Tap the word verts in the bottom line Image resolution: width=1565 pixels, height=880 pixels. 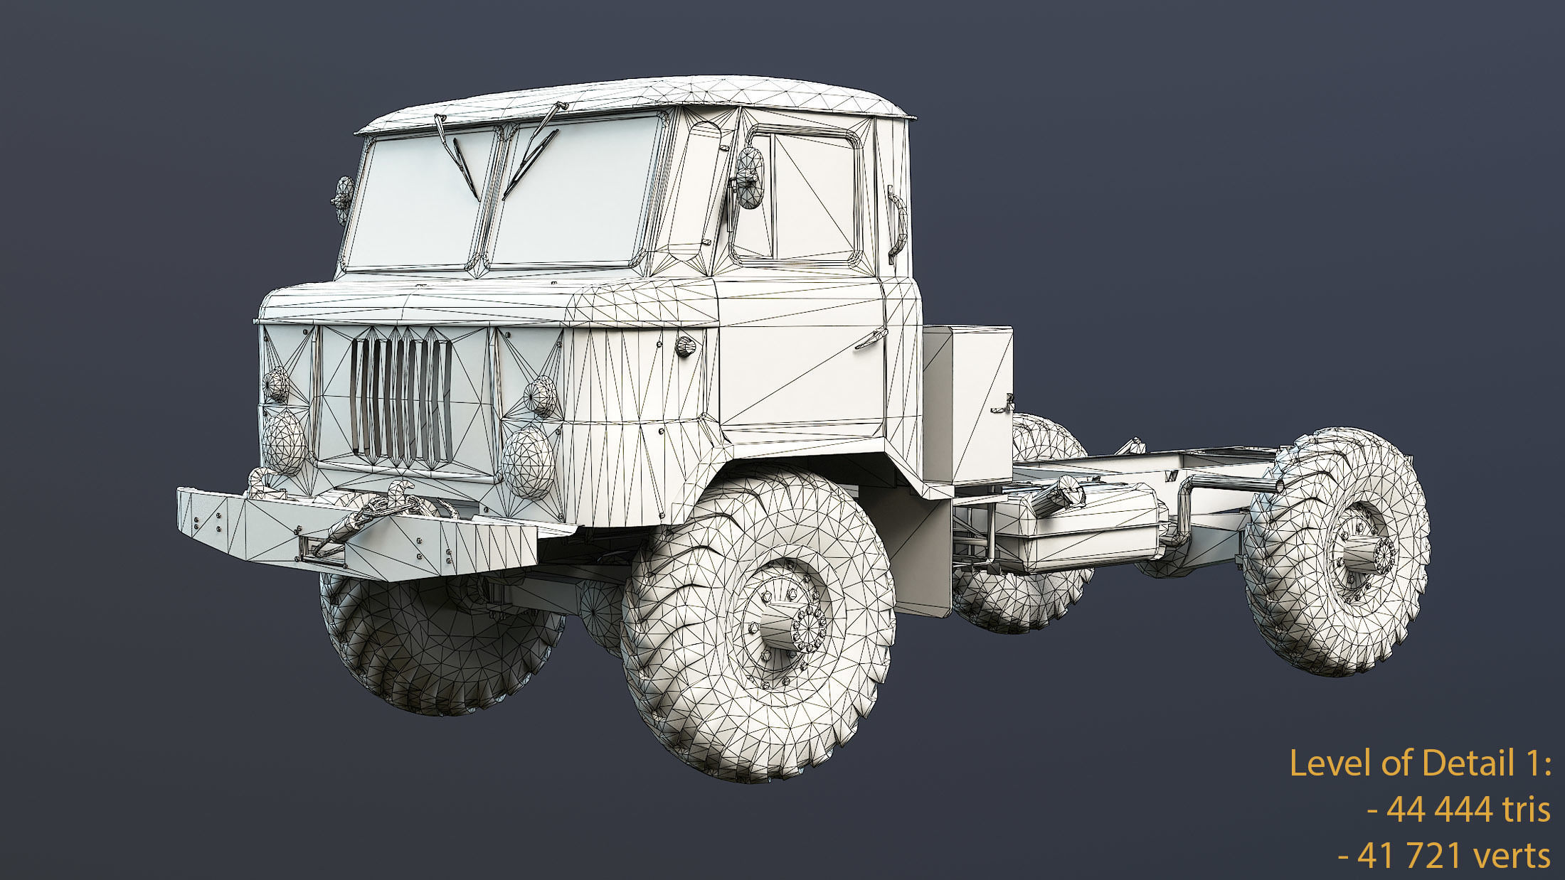1514,855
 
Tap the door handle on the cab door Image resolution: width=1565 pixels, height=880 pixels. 869,340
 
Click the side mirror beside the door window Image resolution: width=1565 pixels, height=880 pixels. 749,178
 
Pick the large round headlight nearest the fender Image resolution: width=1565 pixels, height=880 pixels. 528,461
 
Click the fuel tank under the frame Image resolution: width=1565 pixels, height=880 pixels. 1088,526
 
